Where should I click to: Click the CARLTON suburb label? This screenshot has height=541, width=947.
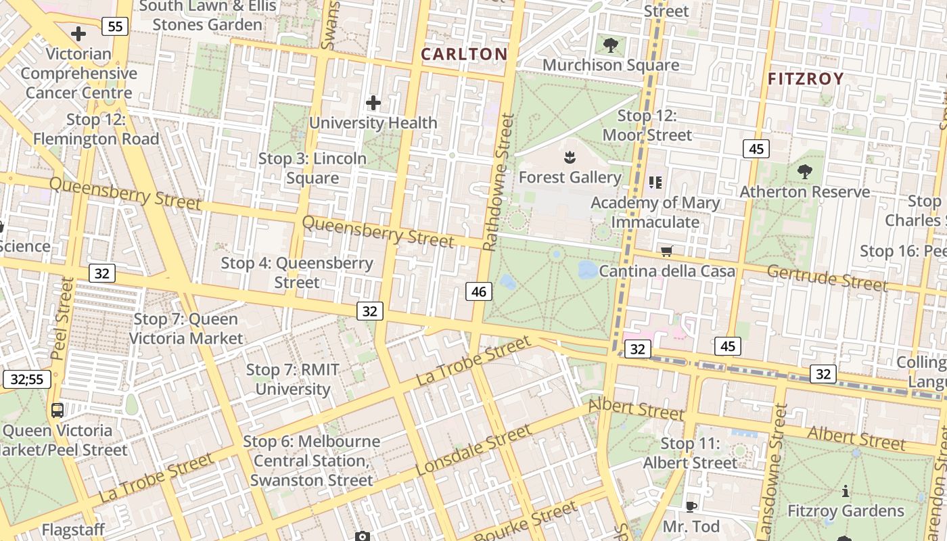click(x=464, y=54)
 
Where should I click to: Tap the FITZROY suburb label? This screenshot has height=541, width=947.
click(x=806, y=78)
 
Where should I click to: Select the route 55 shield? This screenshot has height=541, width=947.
click(x=115, y=26)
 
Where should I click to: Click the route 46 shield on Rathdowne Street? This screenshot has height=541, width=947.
click(x=478, y=292)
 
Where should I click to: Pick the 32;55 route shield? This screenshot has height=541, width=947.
click(x=26, y=379)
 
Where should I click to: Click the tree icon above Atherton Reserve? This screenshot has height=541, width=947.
click(x=804, y=172)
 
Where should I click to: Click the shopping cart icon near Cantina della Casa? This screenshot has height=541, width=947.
click(x=666, y=252)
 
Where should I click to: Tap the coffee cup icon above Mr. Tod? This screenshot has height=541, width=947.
click(x=691, y=507)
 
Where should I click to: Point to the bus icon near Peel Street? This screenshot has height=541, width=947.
click(x=57, y=410)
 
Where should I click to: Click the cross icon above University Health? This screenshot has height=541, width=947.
click(x=373, y=103)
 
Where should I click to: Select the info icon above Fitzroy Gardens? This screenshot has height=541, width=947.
click(x=845, y=492)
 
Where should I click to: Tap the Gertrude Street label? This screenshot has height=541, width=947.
click(x=827, y=277)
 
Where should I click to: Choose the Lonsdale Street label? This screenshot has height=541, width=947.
click(x=473, y=450)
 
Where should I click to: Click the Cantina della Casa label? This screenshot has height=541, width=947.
click(x=666, y=271)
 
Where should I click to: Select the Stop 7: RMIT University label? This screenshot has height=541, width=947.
click(x=293, y=379)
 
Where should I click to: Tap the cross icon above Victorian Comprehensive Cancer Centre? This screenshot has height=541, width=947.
click(x=78, y=33)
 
